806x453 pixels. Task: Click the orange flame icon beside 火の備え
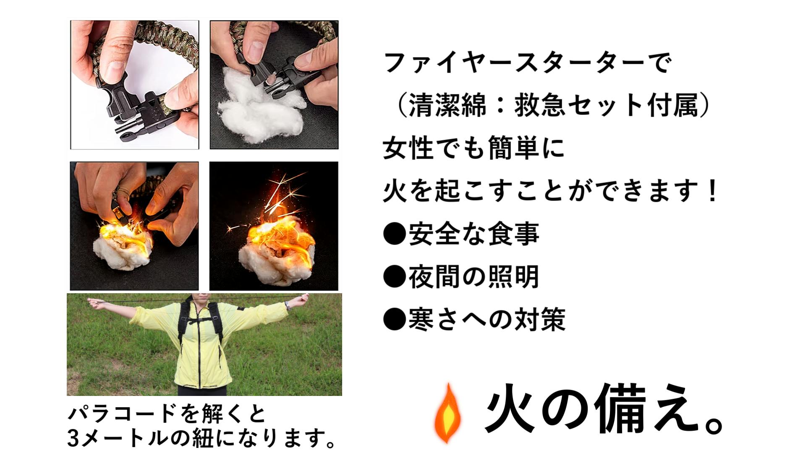click(448, 413)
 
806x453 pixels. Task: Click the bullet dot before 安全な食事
click(395, 234)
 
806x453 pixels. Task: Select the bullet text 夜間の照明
click(474, 277)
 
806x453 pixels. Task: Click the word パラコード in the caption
click(122, 414)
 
